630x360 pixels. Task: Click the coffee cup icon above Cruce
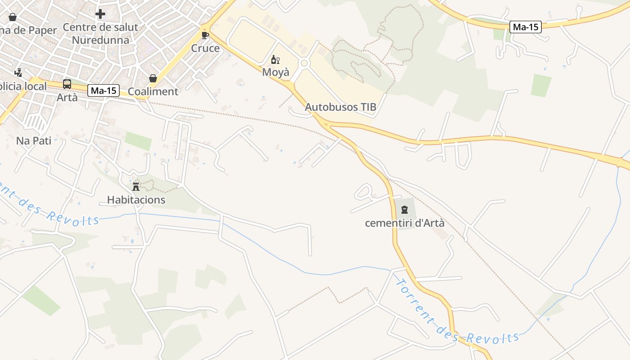(x=205, y=35)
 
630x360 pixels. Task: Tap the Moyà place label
(x=276, y=72)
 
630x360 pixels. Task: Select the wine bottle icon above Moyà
(x=275, y=59)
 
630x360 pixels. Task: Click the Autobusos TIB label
(x=340, y=107)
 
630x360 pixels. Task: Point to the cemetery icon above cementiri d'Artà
(x=404, y=210)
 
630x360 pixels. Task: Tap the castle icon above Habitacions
(x=136, y=186)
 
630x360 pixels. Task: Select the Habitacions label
(x=136, y=200)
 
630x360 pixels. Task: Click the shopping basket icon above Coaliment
(x=153, y=78)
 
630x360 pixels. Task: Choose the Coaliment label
(x=153, y=92)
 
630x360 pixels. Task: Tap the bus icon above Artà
(x=67, y=84)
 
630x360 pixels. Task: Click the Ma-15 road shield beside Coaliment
(x=103, y=90)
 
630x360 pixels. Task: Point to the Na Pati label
(x=34, y=140)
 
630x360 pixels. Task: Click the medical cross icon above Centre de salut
(x=100, y=14)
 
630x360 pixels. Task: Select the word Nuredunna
(x=100, y=40)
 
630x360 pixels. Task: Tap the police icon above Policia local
(x=18, y=72)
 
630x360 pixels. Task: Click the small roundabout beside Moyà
(x=304, y=63)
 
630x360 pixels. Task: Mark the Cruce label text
(x=205, y=48)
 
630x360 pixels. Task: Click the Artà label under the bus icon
(x=67, y=97)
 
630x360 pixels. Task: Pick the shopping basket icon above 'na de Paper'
(x=13, y=17)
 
